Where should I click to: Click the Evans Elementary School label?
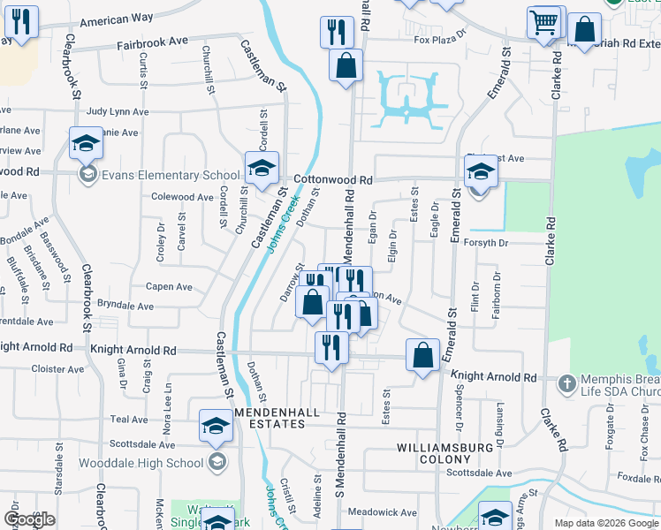[x=157, y=175]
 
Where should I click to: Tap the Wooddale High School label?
[x=142, y=463]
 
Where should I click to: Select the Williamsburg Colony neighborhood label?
[x=444, y=453]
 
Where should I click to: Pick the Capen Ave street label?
[x=169, y=286]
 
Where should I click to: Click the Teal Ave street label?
[x=128, y=420]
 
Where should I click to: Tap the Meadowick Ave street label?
[x=382, y=511]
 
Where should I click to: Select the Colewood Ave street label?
[x=183, y=197]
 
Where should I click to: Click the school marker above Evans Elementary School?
[x=86, y=142]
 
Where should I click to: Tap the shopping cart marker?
[x=544, y=21]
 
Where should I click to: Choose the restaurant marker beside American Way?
[x=21, y=22]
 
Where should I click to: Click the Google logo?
[x=29, y=519]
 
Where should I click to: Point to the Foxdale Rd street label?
[x=635, y=479]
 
